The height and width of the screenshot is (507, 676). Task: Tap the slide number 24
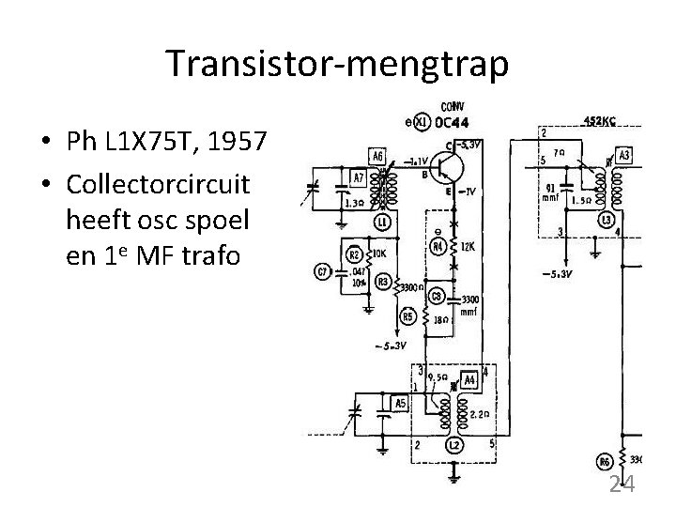[622, 484]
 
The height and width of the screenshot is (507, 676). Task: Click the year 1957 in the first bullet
[238, 144]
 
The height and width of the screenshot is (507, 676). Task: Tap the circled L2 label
[453, 444]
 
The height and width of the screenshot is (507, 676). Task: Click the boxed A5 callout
[401, 405]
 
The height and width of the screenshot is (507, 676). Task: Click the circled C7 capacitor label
[322, 272]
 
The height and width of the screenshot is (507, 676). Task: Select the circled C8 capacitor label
[436, 297]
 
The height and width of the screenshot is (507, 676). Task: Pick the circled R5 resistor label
[408, 317]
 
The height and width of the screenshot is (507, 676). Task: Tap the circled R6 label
[605, 460]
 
